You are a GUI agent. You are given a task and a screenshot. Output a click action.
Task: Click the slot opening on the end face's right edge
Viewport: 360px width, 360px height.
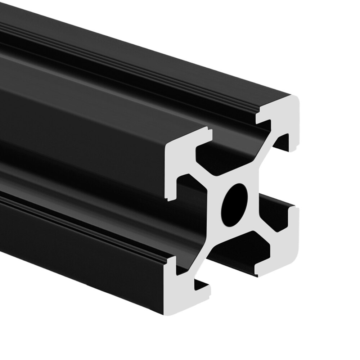pyautogui.click(x=293, y=180)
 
